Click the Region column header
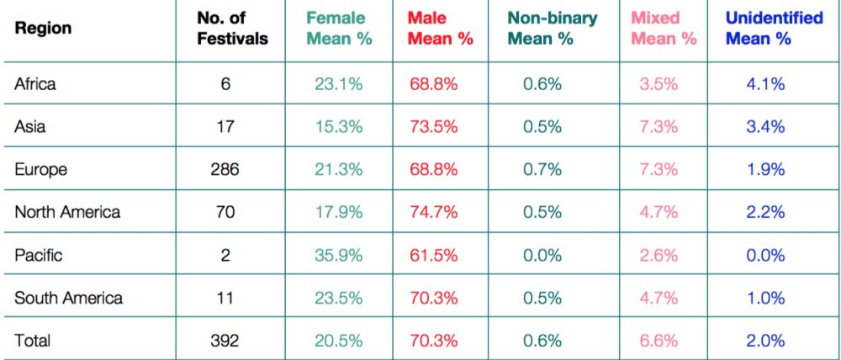pos(43,28)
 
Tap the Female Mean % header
pos(336,28)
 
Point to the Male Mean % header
pos(440,28)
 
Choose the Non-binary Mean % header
pos(553,28)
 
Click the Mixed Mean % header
pos(664,28)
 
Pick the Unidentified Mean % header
pos(774,28)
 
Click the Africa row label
pos(35,83)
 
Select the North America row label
pos(67,212)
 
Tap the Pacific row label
pos(39,255)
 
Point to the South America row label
pos(68,298)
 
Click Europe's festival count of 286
pos(225,169)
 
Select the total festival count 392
pos(225,341)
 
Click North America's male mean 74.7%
pos(434,212)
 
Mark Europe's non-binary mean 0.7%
pos(541,169)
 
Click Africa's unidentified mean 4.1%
pos(765,83)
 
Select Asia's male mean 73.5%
pos(434,126)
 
